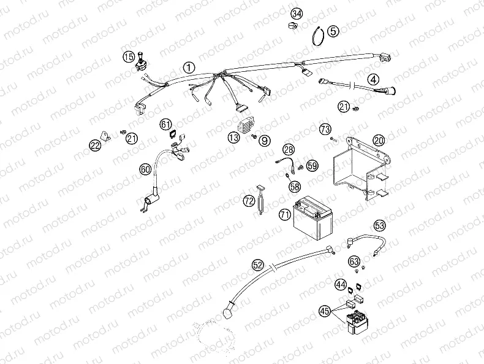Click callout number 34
[x=297, y=14]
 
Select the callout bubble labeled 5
[x=333, y=31]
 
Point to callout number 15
[x=128, y=57]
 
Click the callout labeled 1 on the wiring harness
[x=189, y=67]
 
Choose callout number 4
[x=373, y=79]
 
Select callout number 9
[x=264, y=141]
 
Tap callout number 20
[x=379, y=140]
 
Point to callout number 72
[x=249, y=201]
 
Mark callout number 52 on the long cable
[x=258, y=265]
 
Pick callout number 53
[x=380, y=225]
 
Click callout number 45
[x=325, y=311]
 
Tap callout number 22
[x=95, y=145]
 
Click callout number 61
[x=167, y=125]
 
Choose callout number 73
[x=325, y=128]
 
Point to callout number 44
[x=340, y=284]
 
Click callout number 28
[x=289, y=149]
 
